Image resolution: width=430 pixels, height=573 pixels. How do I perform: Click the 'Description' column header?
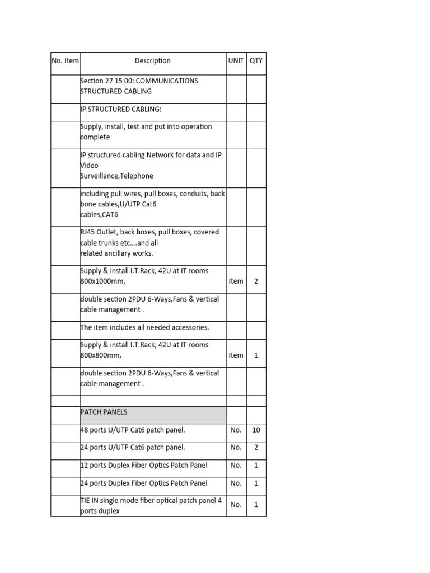tap(153, 60)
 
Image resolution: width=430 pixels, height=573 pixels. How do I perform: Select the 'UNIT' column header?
tap(236, 60)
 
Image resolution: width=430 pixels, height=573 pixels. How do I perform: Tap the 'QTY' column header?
tap(256, 60)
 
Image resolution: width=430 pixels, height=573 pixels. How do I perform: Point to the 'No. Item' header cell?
tap(66, 60)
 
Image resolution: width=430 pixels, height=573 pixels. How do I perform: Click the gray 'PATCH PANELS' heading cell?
tap(153, 415)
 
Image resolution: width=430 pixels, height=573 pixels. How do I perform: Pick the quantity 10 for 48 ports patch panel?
tap(256, 430)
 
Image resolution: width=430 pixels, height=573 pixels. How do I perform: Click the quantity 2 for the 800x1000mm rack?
tap(256, 281)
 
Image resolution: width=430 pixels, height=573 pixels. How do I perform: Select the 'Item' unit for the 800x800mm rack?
tap(236, 355)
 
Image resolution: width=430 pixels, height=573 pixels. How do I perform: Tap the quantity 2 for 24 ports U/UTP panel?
tap(256, 448)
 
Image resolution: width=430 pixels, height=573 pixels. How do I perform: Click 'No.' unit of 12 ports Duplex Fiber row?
tap(236, 466)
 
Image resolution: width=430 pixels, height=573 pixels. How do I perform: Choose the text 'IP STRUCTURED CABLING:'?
tap(120, 109)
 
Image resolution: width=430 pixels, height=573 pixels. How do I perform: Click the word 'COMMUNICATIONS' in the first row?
tap(167, 81)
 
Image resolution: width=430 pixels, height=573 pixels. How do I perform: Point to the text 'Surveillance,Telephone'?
tap(116, 176)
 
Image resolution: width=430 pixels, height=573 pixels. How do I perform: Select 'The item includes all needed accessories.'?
tap(144, 327)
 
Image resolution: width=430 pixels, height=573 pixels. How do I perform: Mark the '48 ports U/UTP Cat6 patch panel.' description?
tap(133, 430)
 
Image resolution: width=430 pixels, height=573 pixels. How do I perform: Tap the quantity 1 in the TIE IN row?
tap(256, 505)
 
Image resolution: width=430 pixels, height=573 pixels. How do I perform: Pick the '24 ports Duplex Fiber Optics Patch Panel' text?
tap(144, 483)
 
